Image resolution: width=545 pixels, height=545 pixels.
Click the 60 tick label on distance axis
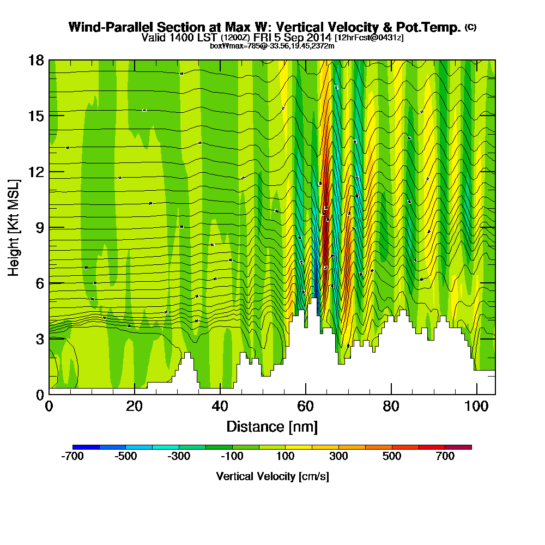306,407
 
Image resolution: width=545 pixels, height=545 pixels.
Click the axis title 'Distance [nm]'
272,426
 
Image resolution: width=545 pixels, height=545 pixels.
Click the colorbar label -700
72,457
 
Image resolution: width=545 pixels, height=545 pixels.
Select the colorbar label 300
339,457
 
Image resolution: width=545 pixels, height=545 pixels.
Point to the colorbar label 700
445,457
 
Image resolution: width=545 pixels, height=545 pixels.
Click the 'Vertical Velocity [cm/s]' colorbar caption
272,476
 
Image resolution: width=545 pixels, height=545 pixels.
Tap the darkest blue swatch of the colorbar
86,447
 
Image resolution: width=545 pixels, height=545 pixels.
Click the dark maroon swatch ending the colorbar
458,447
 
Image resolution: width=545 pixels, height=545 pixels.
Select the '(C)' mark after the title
470,27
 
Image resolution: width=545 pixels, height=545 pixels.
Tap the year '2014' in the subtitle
318,38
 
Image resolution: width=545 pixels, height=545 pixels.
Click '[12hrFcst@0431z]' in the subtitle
369,38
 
